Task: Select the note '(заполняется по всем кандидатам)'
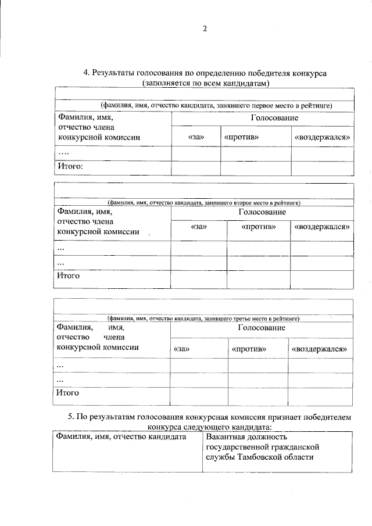[205, 83]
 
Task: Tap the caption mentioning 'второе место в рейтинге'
[203, 203]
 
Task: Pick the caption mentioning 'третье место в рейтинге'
[203, 319]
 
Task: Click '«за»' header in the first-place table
[196, 138]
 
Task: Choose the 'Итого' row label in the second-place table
[68, 275]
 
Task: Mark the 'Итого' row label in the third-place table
[68, 392]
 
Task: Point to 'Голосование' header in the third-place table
[261, 327]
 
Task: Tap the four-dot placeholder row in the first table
[64, 152]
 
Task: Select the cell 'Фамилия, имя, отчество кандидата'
[120, 436]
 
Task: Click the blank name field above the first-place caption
[203, 94]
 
